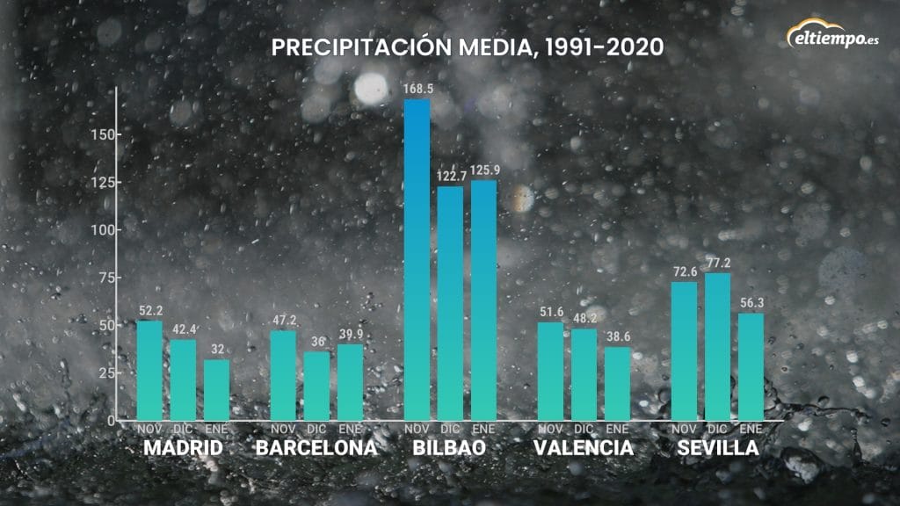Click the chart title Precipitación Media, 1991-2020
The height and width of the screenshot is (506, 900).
[467, 47]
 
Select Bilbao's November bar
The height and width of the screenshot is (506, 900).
[417, 259]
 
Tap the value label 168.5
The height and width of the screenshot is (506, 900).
[417, 90]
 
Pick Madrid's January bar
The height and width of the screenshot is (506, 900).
[216, 389]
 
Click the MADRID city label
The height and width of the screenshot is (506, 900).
[183, 448]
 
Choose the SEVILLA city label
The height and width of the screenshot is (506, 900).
[717, 448]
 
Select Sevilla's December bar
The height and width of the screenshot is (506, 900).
[717, 346]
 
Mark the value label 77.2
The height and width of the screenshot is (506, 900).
[717, 264]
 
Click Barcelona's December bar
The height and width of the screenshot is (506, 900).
[316, 386]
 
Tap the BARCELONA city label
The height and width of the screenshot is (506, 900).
[316, 448]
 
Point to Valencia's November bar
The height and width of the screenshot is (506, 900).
[550, 371]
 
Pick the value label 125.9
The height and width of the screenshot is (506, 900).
[483, 170]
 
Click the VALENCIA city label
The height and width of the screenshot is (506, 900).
[584, 448]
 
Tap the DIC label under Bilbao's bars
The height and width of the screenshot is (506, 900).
[450, 429]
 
